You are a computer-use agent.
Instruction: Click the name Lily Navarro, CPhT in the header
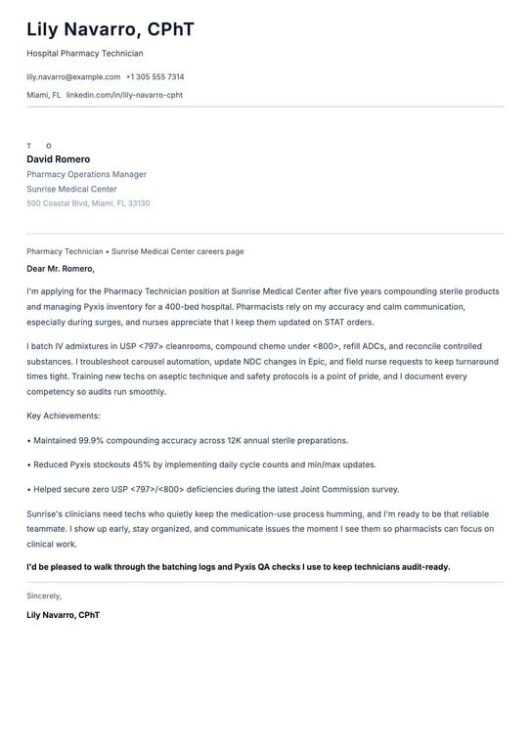111,30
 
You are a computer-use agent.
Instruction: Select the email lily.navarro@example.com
73,76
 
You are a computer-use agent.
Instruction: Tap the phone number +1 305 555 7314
155,76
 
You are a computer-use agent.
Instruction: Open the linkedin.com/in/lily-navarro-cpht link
124,95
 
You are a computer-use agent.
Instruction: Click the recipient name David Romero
58,159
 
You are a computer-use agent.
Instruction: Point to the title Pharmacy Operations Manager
86,174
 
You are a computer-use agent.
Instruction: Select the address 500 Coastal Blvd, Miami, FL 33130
88,203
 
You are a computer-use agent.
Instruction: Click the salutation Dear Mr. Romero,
61,268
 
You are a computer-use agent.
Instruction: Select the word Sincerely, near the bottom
44,596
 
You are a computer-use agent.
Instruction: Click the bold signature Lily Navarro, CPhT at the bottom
63,615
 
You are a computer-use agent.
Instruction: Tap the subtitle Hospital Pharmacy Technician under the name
84,54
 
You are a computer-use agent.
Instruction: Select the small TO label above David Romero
39,146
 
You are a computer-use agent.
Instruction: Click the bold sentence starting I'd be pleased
238,566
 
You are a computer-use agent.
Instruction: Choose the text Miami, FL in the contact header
43,95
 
